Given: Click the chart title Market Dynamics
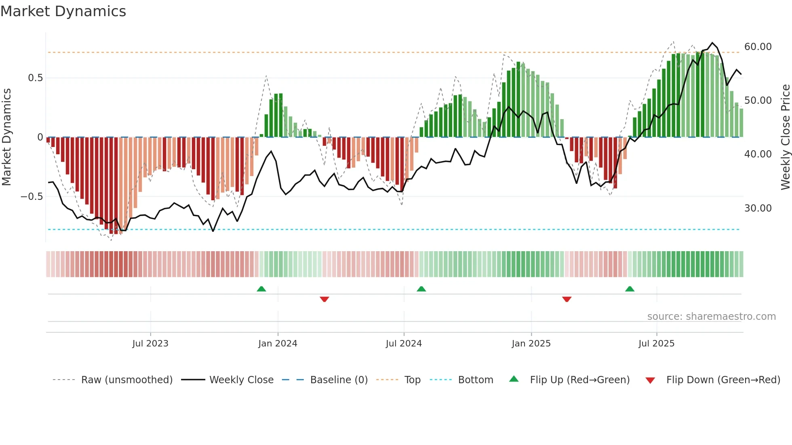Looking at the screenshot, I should click(x=63, y=11).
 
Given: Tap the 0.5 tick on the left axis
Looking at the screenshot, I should click(x=35, y=78).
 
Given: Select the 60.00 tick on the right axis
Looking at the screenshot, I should click(x=758, y=47).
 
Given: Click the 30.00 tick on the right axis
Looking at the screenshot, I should click(x=758, y=208).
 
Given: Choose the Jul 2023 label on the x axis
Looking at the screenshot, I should click(x=150, y=344).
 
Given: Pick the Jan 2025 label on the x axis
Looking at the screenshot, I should click(x=531, y=344).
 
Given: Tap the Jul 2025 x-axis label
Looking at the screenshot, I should click(x=656, y=344).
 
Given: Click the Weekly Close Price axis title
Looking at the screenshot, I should click(x=785, y=137).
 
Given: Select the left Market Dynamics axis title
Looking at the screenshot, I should click(x=6, y=137).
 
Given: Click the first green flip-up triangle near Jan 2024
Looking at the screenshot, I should click(x=261, y=289).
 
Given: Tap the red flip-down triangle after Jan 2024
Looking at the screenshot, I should click(x=324, y=299).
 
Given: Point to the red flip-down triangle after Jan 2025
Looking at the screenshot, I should click(x=567, y=299).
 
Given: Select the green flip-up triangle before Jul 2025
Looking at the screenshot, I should click(x=630, y=289).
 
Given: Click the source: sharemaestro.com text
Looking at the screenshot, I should click(x=711, y=317).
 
